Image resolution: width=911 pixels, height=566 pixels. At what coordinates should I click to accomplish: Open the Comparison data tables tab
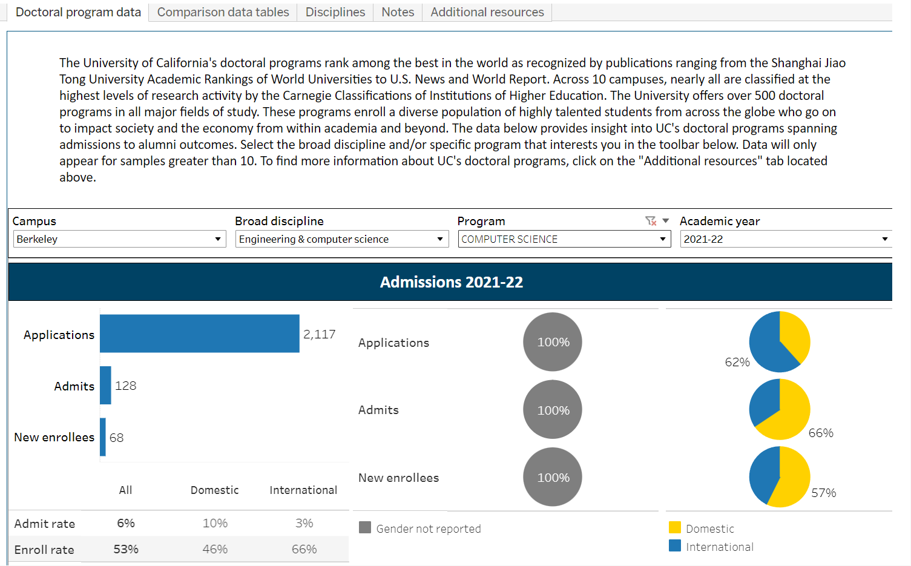pos(223,12)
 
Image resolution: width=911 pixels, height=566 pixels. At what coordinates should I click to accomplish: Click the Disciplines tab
pos(335,12)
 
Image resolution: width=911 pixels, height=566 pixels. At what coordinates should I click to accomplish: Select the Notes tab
pos(398,12)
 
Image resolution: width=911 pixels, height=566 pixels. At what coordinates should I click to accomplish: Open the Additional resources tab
pos(487,12)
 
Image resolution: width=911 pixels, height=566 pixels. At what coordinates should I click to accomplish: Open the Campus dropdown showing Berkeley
pos(119,239)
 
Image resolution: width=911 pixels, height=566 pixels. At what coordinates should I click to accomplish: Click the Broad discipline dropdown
pos(342,239)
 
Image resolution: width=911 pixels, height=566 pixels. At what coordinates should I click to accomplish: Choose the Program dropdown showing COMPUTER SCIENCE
pos(564,239)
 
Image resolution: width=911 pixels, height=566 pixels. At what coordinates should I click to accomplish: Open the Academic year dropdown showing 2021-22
pos(786,239)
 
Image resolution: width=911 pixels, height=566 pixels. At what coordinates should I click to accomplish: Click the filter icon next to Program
pos(651,221)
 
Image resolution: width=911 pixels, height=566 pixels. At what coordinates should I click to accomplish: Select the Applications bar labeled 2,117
pos(200,334)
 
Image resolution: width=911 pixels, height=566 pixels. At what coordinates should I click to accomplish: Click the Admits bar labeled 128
pos(105,385)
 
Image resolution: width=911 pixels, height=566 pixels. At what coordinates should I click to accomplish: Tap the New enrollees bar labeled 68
pos(103,437)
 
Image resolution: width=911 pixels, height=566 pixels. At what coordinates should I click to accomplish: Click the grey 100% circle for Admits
pos(553,410)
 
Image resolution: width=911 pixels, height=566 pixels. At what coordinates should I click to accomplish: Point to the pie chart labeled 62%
pos(780,342)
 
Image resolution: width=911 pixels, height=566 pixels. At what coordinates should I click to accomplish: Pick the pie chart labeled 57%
pos(780,476)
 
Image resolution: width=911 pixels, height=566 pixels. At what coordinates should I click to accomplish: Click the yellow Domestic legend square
pos(675,528)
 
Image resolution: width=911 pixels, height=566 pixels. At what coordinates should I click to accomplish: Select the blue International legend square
pos(675,546)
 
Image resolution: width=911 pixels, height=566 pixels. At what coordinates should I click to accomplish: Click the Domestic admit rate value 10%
pos(215,523)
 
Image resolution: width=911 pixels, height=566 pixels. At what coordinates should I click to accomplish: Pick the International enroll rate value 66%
pos(304,549)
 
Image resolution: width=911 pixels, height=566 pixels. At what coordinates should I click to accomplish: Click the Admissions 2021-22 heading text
pos(451,282)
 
